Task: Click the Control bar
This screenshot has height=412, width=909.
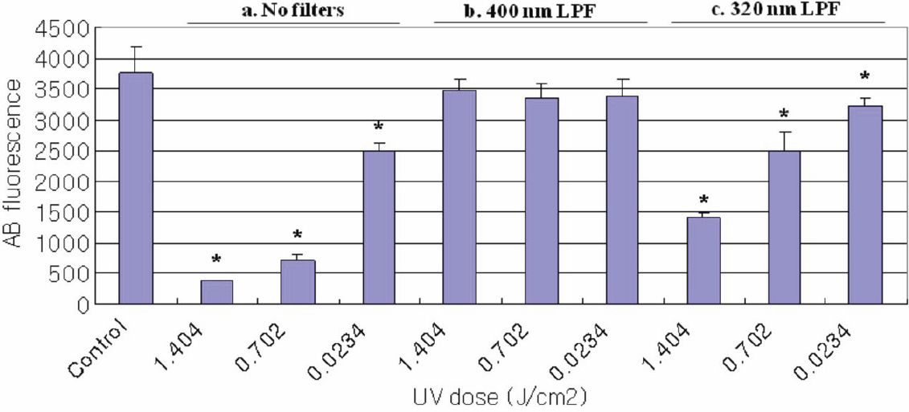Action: (x=136, y=189)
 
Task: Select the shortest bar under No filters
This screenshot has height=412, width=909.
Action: (x=216, y=292)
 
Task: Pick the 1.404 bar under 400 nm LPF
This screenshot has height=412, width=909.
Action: (x=460, y=198)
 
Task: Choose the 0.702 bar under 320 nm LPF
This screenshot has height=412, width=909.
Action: (x=785, y=228)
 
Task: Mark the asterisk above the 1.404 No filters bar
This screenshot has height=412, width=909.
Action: (x=215, y=260)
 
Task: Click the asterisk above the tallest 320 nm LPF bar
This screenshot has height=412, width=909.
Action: (x=865, y=77)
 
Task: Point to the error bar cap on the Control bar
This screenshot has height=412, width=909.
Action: (x=136, y=47)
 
